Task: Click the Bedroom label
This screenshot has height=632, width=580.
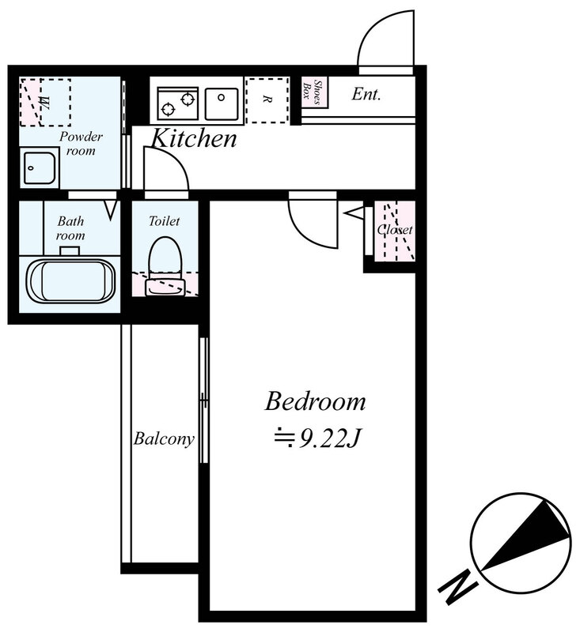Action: [315, 401]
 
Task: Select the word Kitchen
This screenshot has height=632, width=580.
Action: [194, 138]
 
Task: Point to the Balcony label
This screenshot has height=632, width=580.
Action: [164, 438]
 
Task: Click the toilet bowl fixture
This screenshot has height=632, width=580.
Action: [165, 266]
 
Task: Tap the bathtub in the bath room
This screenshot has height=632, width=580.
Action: [71, 280]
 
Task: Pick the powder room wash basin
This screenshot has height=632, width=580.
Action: [39, 167]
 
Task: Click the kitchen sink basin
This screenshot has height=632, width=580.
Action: [222, 103]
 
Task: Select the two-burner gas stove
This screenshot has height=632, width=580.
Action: [177, 103]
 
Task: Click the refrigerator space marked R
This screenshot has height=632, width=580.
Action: [267, 100]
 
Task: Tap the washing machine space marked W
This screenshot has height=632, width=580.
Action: [45, 103]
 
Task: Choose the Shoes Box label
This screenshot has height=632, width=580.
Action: [314, 92]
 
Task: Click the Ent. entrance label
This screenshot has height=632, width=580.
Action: [366, 94]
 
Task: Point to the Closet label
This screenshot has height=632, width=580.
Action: [395, 230]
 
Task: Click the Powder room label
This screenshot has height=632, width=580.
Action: [81, 143]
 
